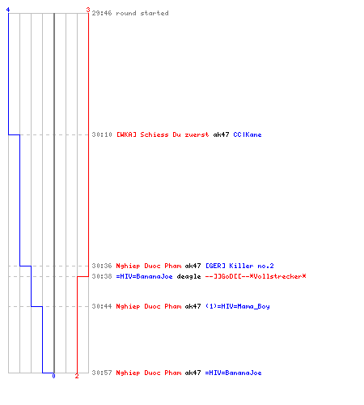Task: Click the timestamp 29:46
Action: point(102,13)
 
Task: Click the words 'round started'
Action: point(142,13)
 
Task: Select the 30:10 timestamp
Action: point(102,134)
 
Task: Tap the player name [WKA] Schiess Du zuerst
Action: point(163,134)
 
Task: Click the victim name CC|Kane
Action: point(248,134)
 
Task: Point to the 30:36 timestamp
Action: point(102,266)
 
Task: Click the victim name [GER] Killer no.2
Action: point(239,266)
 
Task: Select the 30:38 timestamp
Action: point(102,276)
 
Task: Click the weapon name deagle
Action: point(188,276)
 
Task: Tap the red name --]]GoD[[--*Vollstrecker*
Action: point(256,276)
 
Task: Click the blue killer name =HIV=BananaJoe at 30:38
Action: point(144,276)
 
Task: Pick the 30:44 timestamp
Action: point(102,306)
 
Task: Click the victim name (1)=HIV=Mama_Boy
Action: point(237,306)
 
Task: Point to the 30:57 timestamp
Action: point(102,373)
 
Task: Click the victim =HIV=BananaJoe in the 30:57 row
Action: point(233,373)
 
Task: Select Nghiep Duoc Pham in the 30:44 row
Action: point(148,306)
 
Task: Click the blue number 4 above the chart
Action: point(8,10)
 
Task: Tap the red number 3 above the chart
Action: point(88,10)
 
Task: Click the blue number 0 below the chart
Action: point(53,376)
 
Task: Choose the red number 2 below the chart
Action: point(77,376)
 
